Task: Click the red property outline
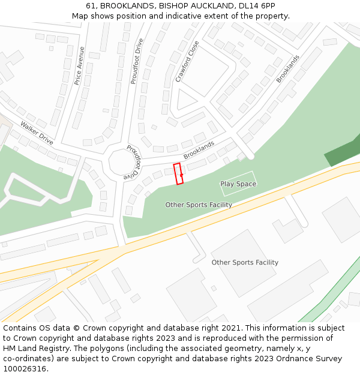click(178, 173)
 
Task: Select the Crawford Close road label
click(187, 61)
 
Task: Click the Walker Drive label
click(37, 133)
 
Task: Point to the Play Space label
click(238, 184)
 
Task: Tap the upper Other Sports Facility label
click(199, 205)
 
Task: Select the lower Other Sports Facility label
click(245, 263)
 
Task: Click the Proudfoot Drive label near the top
click(137, 61)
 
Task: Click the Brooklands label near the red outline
click(199, 150)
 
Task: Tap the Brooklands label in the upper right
click(287, 69)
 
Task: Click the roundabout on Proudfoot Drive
click(122, 163)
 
